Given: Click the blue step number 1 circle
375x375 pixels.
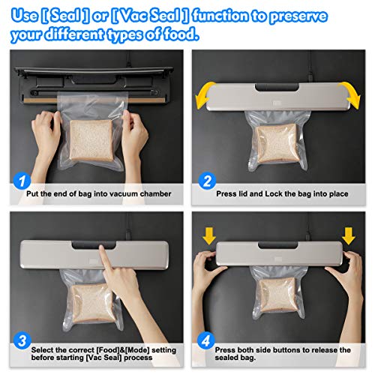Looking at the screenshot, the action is point(22,181).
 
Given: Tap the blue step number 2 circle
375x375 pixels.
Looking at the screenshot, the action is point(207,181).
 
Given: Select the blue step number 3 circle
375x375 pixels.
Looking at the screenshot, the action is point(22,340).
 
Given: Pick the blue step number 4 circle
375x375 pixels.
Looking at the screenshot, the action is point(206,340).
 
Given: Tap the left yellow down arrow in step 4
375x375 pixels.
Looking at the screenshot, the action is point(209,236).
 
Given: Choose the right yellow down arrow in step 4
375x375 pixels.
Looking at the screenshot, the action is point(349,236).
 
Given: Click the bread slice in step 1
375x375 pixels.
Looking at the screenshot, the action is point(91,140).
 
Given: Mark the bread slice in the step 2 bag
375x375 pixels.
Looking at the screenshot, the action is point(277,143).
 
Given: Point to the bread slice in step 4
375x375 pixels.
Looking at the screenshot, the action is point(277,295).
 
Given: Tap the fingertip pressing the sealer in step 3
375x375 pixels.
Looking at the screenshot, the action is point(102,249).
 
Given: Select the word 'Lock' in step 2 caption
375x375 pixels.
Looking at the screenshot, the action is point(274,193).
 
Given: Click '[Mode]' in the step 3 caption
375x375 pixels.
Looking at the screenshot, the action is point(137,350).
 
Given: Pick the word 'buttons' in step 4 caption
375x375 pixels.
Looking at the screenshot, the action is point(285,350).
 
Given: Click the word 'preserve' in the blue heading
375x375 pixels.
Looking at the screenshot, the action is point(298,16).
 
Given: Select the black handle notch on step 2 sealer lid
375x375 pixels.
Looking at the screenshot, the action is point(277,87).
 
